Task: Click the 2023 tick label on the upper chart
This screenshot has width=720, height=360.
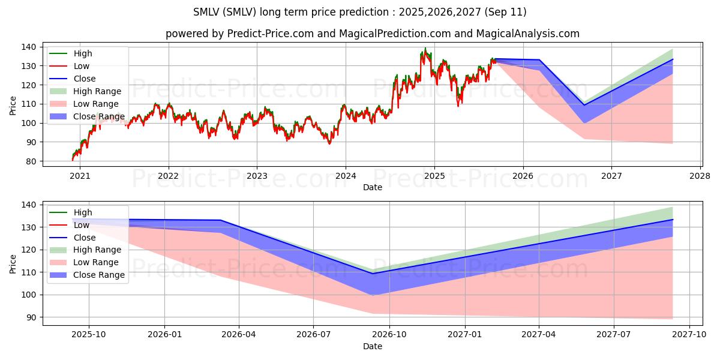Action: pyautogui.click(x=257, y=176)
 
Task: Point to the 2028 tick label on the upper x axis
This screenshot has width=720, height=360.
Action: pyautogui.click(x=700, y=176)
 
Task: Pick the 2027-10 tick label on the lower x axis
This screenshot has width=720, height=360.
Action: pyautogui.click(x=689, y=335)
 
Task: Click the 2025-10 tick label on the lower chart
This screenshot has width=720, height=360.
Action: pyautogui.click(x=89, y=335)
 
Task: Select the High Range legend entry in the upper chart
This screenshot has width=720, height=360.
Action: pyautogui.click(x=97, y=91)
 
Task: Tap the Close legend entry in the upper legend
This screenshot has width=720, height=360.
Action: pyautogui.click(x=85, y=79)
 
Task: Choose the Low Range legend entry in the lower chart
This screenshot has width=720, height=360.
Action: pyautogui.click(x=97, y=262)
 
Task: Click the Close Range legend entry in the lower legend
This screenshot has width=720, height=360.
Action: pyautogui.click(x=99, y=275)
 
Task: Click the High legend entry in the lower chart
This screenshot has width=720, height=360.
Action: pyautogui.click(x=83, y=212)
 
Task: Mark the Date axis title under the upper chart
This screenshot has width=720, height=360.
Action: pyautogui.click(x=372, y=187)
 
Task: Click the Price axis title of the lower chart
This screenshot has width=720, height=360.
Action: pyautogui.click(x=13, y=263)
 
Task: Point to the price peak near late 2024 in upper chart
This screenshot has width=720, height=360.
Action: pyautogui.click(x=425, y=48)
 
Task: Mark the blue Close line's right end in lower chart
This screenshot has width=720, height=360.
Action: pyautogui.click(x=673, y=220)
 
